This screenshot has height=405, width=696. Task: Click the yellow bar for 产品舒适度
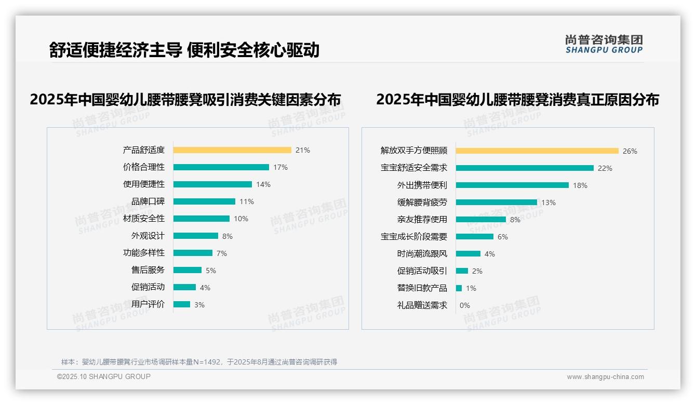point(232,150)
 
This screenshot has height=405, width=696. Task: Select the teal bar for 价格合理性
point(221,167)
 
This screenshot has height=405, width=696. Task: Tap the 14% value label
point(263,184)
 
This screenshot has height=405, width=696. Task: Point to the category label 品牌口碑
point(148,201)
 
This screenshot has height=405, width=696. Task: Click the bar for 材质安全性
point(202,219)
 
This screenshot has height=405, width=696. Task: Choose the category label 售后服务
point(148,270)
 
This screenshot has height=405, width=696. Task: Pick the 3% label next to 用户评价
point(199,305)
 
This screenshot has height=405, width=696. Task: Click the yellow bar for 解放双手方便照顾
point(537,151)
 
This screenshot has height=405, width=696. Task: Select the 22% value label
point(605,168)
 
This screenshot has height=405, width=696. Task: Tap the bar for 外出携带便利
point(512,185)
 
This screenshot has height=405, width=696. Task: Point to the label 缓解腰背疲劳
point(422,203)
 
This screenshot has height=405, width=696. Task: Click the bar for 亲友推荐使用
point(481,220)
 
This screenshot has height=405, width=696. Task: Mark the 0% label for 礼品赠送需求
point(464,305)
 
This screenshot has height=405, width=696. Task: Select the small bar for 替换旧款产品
point(459,288)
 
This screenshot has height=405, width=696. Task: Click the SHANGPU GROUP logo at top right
point(604,44)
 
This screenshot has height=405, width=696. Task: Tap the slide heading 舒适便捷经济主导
point(115,50)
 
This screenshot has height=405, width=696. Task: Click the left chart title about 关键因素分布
point(185,99)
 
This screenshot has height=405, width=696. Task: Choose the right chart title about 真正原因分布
point(517,99)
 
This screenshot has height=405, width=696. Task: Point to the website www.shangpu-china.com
point(605,377)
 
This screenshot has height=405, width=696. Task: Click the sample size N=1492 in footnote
point(208,362)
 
